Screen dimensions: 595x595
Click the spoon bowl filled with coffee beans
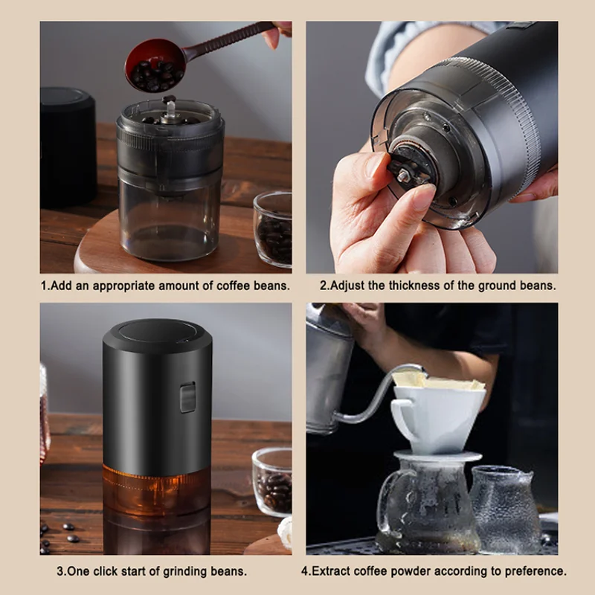(x=155, y=65)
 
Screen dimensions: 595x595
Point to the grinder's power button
(x=187, y=397)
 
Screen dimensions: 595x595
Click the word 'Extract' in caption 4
(x=329, y=571)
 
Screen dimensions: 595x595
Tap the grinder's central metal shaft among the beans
(x=169, y=108)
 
